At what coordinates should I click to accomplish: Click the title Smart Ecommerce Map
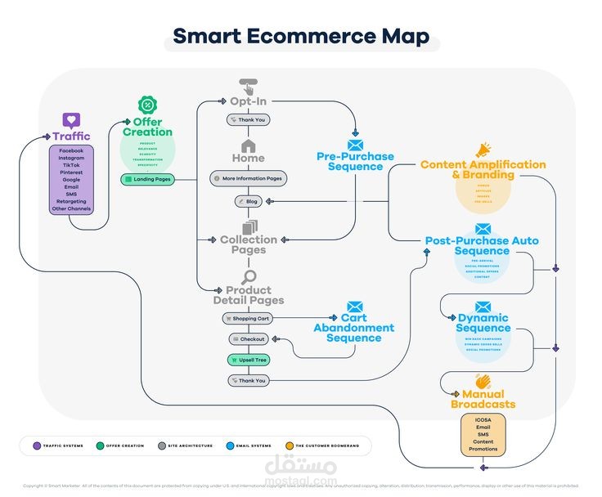click(302, 37)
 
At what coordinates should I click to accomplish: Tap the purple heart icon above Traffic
click(72, 120)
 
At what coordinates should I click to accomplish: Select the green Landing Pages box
click(147, 179)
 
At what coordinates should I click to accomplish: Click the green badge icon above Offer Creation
click(147, 105)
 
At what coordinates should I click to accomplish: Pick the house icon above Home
click(248, 145)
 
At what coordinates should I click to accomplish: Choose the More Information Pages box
click(248, 178)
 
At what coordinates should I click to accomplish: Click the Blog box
click(248, 201)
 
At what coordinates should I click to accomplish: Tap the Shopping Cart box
click(248, 318)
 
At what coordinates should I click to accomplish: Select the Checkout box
click(248, 338)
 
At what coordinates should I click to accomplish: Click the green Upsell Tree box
click(248, 360)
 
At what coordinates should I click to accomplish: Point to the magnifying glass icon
click(249, 276)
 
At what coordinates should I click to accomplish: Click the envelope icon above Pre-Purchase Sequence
click(355, 145)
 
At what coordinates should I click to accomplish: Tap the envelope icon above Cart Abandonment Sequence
click(354, 307)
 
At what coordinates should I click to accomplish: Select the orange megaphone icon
click(483, 150)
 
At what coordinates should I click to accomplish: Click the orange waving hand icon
click(483, 382)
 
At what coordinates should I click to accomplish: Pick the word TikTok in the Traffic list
click(72, 165)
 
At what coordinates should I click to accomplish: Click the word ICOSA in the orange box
click(483, 419)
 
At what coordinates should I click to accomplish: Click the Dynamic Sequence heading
click(483, 323)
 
